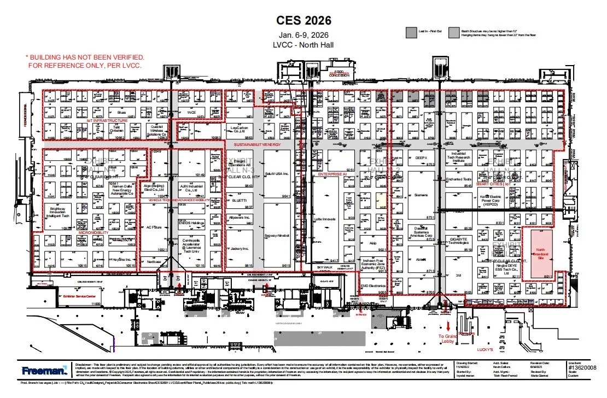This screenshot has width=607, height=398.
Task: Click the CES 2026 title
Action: click(x=304, y=21)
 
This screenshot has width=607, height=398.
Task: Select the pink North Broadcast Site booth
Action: click(x=540, y=254)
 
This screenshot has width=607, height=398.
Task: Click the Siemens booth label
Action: click(x=421, y=195)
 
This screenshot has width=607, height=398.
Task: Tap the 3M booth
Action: click(x=458, y=276)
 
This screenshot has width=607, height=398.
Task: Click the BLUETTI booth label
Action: click(x=240, y=201)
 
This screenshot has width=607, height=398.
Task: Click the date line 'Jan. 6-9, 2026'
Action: click(x=304, y=36)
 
